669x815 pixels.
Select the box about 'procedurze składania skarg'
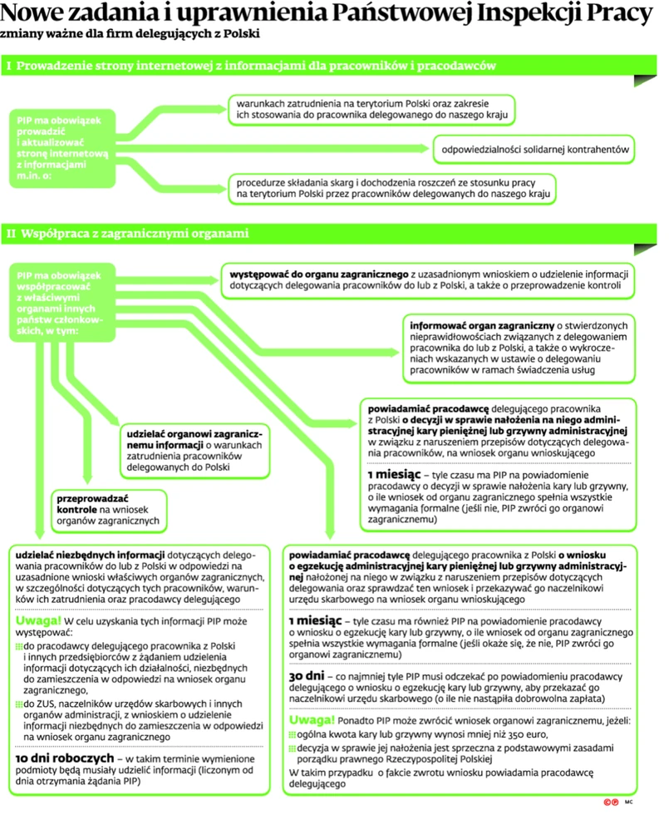click(x=394, y=188)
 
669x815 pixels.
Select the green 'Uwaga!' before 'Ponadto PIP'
click(x=311, y=719)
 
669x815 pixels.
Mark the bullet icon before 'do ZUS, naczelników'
click(x=20, y=705)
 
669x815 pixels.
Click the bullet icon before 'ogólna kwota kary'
click(x=292, y=735)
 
